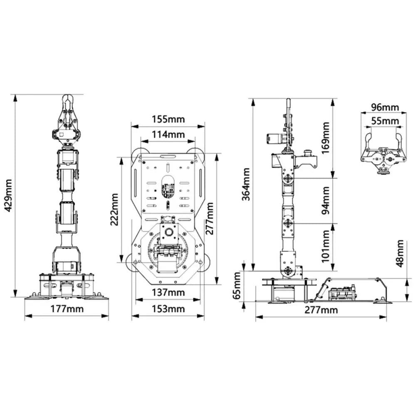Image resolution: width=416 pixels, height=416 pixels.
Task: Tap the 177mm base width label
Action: click(x=67, y=309)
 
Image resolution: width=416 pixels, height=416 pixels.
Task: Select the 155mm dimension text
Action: click(x=168, y=119)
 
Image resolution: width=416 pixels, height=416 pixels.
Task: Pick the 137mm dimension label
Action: click(x=168, y=292)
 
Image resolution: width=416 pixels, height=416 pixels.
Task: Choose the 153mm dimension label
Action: click(x=168, y=309)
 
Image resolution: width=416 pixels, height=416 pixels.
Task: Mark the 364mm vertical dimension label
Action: click(x=247, y=184)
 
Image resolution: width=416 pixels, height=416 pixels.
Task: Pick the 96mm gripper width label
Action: click(x=385, y=107)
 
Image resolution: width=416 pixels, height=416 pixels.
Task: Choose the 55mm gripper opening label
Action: click(x=385, y=121)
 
